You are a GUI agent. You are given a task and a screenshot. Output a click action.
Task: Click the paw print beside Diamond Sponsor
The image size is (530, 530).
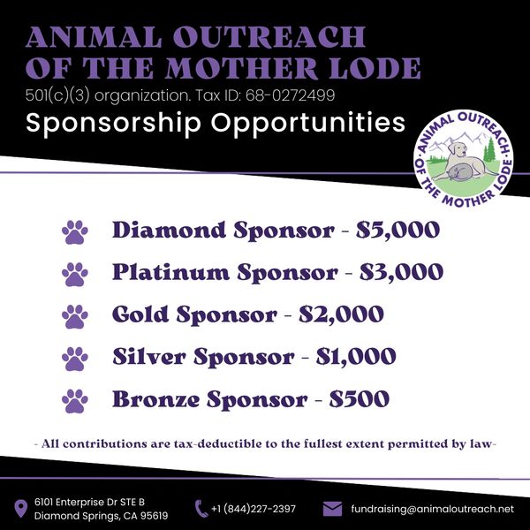point(75,232)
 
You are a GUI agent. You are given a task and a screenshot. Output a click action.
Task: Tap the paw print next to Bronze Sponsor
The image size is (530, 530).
point(75,401)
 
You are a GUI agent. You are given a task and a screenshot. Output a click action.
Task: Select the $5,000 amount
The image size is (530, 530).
point(397,230)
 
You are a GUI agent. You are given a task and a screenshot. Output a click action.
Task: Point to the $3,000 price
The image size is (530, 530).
point(401,272)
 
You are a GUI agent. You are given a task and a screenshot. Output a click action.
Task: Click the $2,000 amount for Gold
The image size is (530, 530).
point(341,314)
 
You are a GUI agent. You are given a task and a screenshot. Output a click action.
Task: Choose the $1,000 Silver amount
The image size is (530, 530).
point(356,357)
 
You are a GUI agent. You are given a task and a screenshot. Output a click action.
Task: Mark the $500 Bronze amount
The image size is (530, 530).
point(360,399)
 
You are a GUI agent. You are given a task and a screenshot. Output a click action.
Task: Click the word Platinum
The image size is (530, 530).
point(170,272)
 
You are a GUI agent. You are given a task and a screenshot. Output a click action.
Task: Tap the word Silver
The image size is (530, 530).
point(149,356)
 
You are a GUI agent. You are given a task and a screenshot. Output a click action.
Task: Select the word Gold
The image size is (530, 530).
point(140,314)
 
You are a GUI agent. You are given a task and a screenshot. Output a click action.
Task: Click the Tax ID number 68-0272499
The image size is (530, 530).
point(290,95)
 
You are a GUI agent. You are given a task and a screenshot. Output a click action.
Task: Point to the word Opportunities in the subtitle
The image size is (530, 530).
point(308,124)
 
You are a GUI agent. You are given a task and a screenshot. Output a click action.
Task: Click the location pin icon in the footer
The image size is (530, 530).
point(20,509)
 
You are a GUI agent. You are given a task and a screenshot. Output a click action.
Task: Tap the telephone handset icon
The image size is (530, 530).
point(201,509)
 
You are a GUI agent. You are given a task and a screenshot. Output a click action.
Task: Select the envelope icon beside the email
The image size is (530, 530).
point(333,509)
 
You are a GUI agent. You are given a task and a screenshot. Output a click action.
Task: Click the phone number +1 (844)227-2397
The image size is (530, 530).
point(254,509)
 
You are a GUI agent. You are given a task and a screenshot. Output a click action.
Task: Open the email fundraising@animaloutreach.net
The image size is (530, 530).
point(432,509)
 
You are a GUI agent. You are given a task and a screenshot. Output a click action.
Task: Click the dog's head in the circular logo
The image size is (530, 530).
point(457,149)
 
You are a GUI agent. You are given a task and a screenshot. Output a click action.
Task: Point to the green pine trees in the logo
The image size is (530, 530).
point(489,150)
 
